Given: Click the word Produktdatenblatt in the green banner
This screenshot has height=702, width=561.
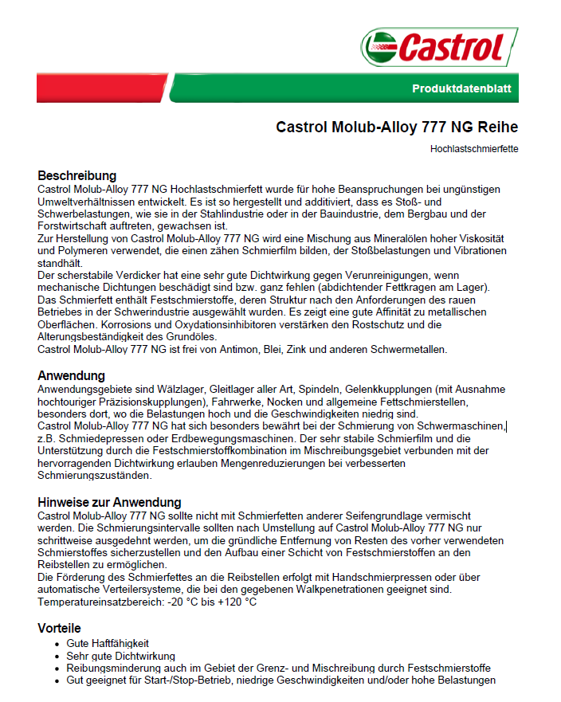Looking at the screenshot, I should (461, 88).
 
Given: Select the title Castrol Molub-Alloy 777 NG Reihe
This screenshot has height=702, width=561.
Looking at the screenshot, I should (397, 127).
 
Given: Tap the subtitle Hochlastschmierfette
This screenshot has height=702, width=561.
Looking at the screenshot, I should (474, 148).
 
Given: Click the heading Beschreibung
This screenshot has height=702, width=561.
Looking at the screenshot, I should (77, 175).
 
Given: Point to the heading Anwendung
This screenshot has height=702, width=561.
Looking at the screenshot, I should (72, 375).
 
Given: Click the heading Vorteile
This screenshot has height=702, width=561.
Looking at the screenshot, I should (60, 628).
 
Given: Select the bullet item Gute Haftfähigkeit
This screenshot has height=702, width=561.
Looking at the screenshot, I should (108, 643).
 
